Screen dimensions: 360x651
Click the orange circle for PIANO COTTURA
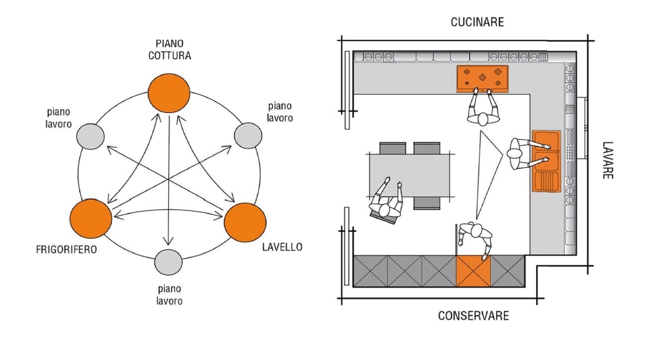pyautogui.click(x=169, y=93)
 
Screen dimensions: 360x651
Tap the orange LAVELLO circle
pyautogui.click(x=245, y=222)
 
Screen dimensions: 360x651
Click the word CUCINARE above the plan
pyautogui.click(x=477, y=22)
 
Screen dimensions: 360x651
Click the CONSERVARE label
pyautogui.click(x=474, y=316)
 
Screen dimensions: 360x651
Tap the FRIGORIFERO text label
pyautogui.click(x=67, y=250)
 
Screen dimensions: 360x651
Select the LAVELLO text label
pyautogui.click(x=282, y=247)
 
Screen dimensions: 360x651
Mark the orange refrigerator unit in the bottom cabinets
pyautogui.click(x=473, y=271)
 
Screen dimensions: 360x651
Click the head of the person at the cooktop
pyautogui.click(x=483, y=120)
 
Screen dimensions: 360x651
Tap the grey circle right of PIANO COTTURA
pyautogui.click(x=247, y=135)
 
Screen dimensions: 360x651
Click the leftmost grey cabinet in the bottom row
pyautogui.click(x=371, y=271)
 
